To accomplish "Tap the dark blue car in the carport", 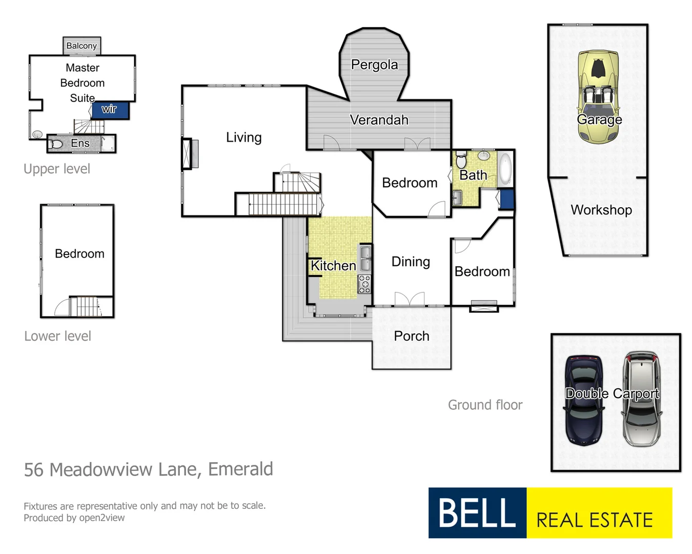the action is pos(583,400).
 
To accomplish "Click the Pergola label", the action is pos(374,65).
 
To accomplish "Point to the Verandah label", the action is pos(379,120).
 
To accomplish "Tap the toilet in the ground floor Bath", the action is pos(461,160).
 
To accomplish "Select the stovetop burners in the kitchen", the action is pos(364,284).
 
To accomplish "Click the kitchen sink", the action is pos(365,258).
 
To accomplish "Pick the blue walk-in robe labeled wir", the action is pos(110,110).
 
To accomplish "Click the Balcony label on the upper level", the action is pos(82,46).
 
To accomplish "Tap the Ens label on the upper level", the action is pos(80,144).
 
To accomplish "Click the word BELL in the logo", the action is pos(477,512).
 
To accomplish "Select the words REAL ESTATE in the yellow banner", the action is pos(595,520).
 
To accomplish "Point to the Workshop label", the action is pos(601,210).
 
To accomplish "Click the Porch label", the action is pos(412,336).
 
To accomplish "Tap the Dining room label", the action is pos(411,262).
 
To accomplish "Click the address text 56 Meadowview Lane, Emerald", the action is pos(149,469).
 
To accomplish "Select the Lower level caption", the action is pos(57,336).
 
